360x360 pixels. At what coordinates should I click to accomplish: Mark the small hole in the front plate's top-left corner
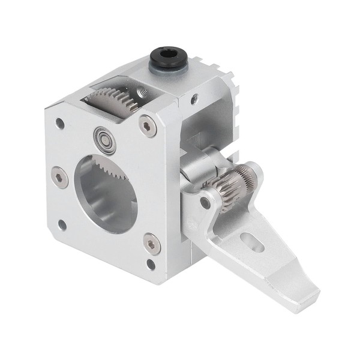click(59, 124)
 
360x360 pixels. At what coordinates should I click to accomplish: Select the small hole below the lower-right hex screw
click(151, 263)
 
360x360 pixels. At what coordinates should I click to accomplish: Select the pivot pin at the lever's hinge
click(206, 202)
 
